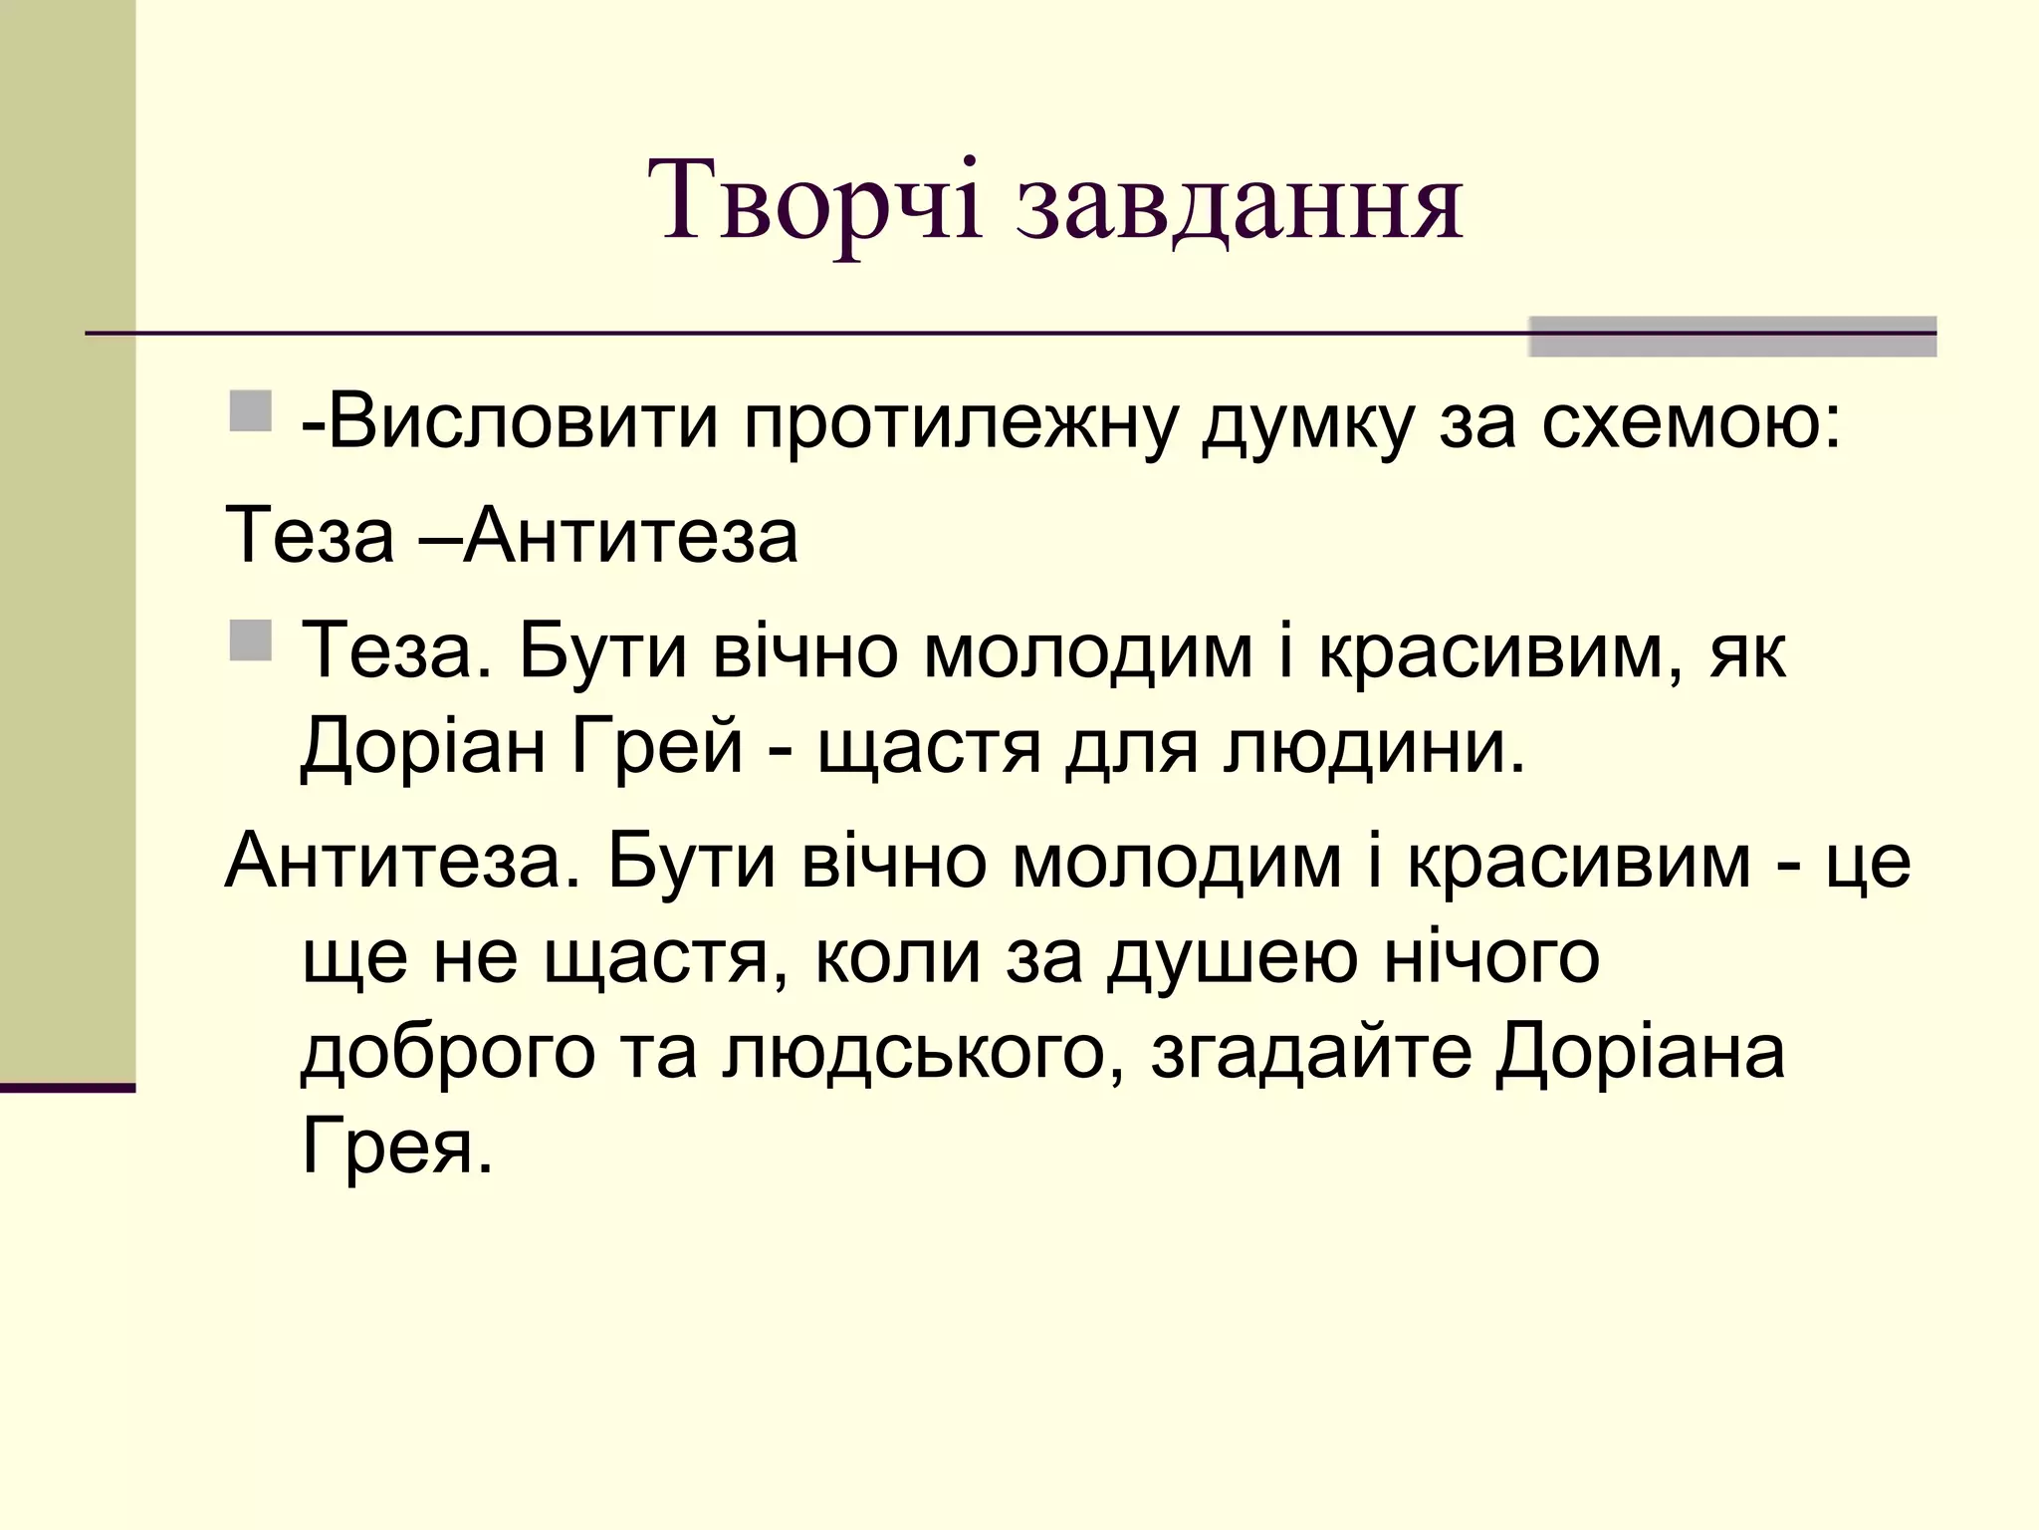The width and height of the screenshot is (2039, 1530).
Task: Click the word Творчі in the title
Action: click(x=814, y=203)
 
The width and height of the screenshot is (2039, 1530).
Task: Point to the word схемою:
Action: click(x=1692, y=423)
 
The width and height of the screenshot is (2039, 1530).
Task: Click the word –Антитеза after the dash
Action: click(x=630, y=536)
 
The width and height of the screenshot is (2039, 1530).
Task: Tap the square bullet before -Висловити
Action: click(x=250, y=411)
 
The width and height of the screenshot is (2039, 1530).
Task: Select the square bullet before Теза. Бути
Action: click(x=250, y=639)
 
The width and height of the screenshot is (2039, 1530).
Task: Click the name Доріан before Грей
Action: click(x=423, y=747)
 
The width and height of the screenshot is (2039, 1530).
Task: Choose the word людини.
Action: click(x=1375, y=747)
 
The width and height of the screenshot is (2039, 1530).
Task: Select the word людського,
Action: click(x=915, y=1054)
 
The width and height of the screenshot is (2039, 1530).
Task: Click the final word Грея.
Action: click(x=397, y=1147)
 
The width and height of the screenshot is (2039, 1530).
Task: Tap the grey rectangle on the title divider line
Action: click(x=1732, y=337)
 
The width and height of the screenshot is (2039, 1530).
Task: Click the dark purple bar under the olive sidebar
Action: click(x=68, y=1088)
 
